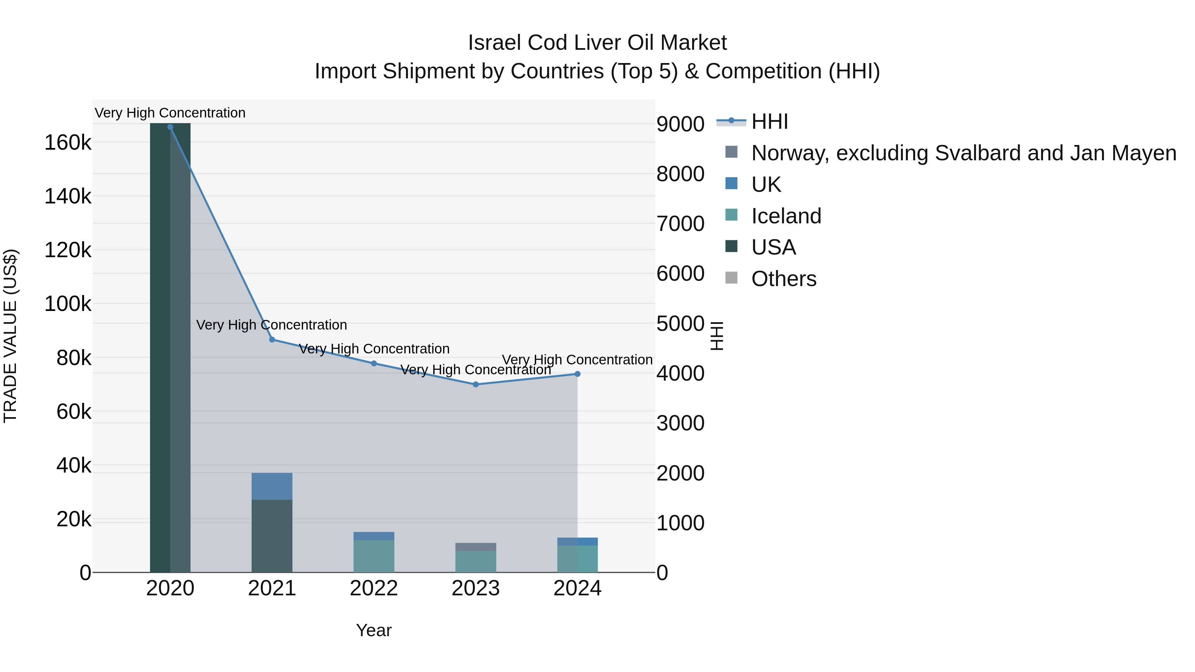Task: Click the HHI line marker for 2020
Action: (x=170, y=127)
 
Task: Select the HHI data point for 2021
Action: (x=272, y=339)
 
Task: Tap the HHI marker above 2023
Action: (x=475, y=385)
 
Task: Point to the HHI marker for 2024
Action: (x=578, y=374)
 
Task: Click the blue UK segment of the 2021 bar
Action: (x=272, y=486)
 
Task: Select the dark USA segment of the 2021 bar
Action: (x=272, y=536)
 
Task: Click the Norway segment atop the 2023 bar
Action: (x=475, y=547)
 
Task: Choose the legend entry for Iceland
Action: (x=786, y=216)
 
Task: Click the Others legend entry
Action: (x=783, y=279)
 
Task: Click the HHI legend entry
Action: (x=769, y=121)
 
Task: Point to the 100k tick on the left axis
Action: (x=68, y=304)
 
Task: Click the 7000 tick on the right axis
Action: (x=680, y=224)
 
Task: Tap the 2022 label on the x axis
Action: (x=374, y=588)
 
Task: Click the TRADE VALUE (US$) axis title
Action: (x=10, y=336)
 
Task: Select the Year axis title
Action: (x=374, y=630)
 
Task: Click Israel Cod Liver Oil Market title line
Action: (x=597, y=43)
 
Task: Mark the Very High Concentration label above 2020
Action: (x=170, y=113)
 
